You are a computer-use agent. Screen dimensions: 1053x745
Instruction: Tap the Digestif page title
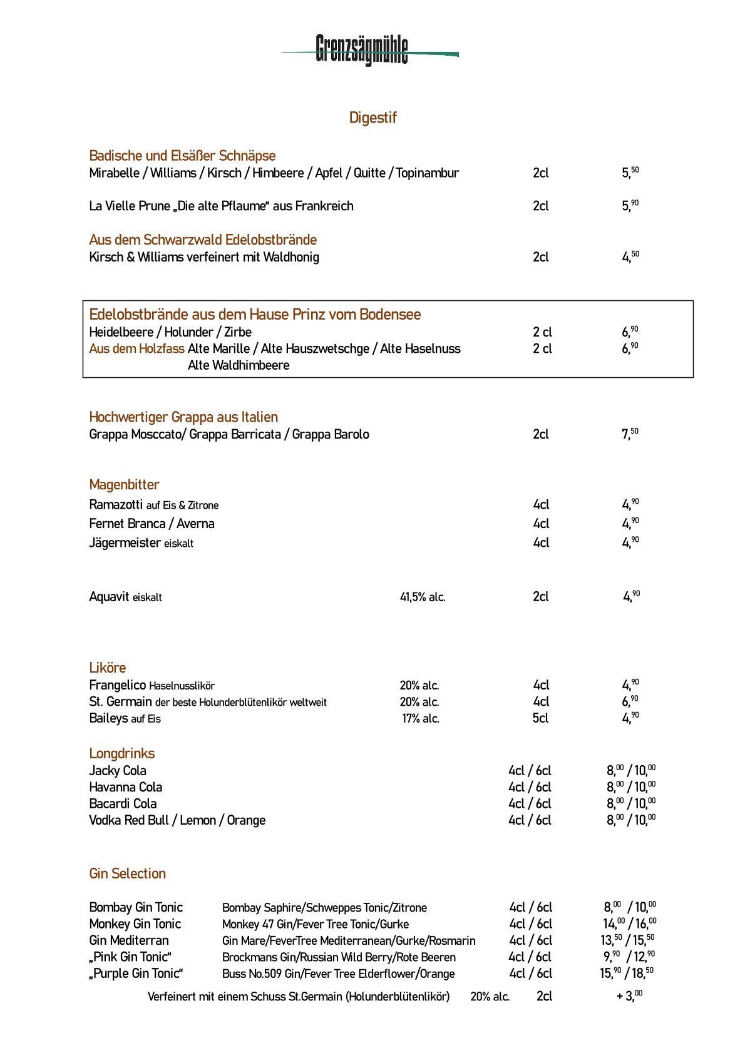tap(372, 118)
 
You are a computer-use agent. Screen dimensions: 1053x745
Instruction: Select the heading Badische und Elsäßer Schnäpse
tap(182, 156)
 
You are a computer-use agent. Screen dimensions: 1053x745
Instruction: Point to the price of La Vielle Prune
tap(630, 206)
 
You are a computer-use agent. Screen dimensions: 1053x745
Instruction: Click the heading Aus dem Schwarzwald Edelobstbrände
tap(203, 240)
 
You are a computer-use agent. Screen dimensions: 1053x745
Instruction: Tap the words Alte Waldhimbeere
tap(239, 365)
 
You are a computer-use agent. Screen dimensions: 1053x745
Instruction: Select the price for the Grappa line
tap(630, 434)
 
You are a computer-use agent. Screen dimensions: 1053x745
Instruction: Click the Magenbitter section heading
tap(124, 484)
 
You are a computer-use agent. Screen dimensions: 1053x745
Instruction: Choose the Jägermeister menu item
tap(125, 543)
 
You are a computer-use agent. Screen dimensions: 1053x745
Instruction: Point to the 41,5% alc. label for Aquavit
tap(423, 598)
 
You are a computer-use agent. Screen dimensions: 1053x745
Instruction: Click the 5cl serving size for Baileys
tap(540, 718)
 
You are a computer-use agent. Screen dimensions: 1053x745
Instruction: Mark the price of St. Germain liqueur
tap(630, 701)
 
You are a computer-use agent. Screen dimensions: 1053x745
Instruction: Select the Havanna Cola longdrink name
tap(125, 787)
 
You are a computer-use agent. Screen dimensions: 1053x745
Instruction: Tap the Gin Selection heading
tap(127, 873)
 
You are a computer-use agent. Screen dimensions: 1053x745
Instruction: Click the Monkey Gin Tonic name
tap(135, 924)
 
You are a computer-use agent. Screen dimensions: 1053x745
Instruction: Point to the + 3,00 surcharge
tap(629, 996)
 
